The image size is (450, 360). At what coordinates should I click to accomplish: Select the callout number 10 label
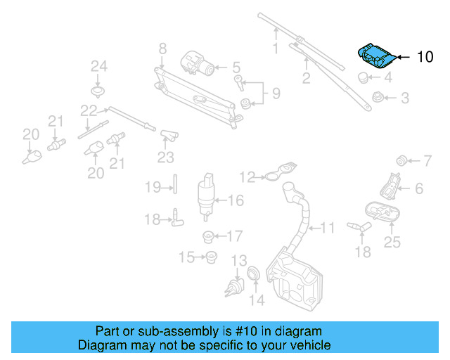click(x=425, y=57)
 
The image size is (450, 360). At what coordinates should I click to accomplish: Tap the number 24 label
click(x=99, y=67)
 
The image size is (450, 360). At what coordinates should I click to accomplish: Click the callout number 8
click(x=162, y=49)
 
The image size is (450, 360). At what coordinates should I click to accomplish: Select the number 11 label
click(x=328, y=228)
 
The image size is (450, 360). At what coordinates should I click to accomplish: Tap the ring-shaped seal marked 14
click(x=255, y=273)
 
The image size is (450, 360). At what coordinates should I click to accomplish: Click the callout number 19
click(x=153, y=187)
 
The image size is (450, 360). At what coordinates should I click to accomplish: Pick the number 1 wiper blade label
click(x=276, y=49)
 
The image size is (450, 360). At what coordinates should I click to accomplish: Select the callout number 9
click(x=276, y=93)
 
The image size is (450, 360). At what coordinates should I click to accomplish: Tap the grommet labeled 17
click(x=208, y=236)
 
